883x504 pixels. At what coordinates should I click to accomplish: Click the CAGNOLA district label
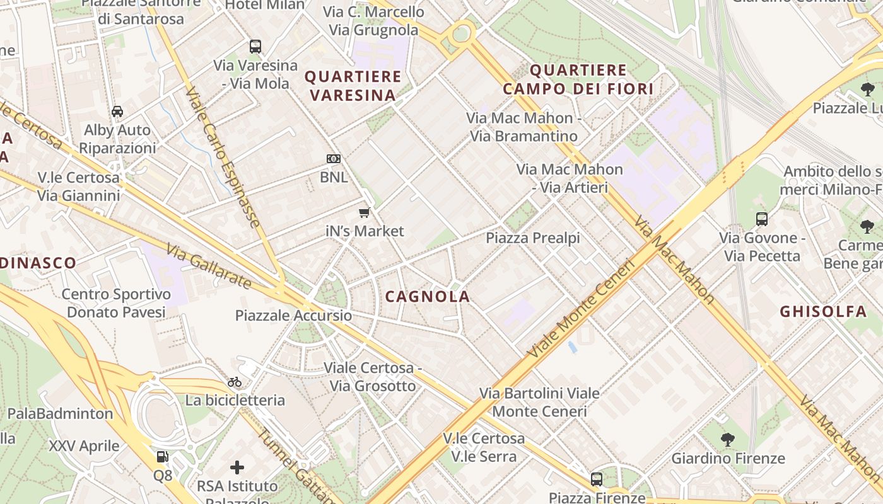[x=428, y=297]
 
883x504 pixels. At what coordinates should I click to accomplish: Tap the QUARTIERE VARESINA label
[x=353, y=86]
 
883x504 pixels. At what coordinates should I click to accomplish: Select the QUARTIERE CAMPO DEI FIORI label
[x=578, y=79]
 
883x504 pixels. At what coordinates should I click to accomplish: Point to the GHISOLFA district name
[x=823, y=312]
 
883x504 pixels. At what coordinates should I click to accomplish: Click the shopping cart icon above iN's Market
[x=364, y=213]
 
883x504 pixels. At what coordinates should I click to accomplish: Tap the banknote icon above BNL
[x=333, y=159]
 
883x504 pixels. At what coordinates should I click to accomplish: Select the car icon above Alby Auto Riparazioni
[x=117, y=112]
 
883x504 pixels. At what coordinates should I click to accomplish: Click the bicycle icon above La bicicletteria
[x=235, y=382]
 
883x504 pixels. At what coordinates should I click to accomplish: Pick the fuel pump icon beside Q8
[x=162, y=457]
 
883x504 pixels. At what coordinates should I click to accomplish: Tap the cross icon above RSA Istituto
[x=237, y=467]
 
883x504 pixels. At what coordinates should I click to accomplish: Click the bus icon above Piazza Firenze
[x=596, y=479]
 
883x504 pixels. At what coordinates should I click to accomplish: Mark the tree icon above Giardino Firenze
[x=727, y=439]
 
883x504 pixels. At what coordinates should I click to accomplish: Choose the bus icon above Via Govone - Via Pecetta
[x=762, y=219]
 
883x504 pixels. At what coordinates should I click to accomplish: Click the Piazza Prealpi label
[x=532, y=238]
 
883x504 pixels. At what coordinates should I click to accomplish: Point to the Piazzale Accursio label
[x=293, y=316]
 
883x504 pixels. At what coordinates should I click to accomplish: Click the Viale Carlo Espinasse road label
[x=223, y=157]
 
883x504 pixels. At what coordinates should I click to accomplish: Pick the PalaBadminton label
[x=60, y=414]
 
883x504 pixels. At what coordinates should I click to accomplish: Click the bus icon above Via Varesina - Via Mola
[x=255, y=47]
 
